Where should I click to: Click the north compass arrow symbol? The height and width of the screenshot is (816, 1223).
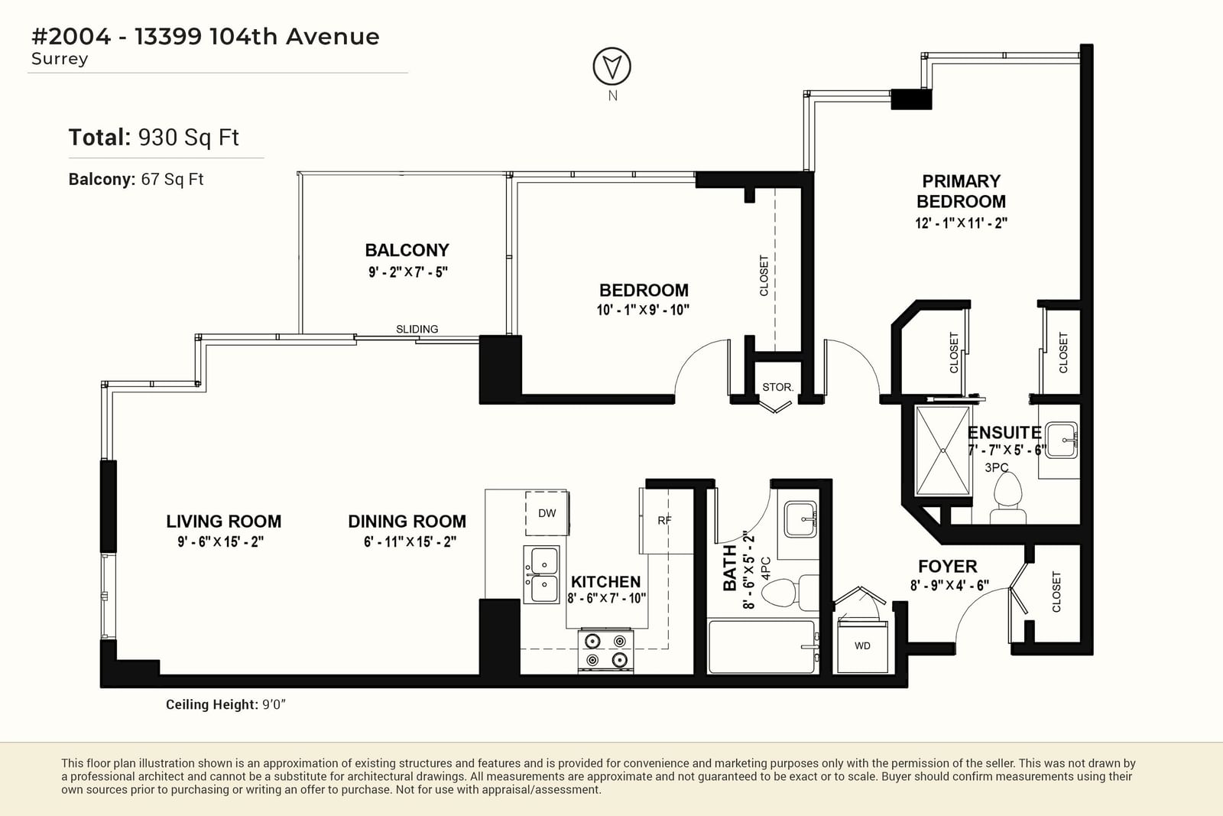click(612, 66)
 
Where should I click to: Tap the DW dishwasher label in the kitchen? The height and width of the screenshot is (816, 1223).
click(547, 513)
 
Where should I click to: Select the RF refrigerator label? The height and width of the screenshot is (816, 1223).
click(664, 521)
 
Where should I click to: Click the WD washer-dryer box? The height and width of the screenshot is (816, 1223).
click(863, 645)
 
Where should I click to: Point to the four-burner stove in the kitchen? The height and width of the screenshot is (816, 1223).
click(606, 650)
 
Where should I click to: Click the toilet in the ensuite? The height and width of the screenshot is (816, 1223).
click(1007, 497)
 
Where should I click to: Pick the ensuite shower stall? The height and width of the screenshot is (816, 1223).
click(943, 450)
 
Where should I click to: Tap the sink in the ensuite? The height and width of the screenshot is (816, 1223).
click(1062, 440)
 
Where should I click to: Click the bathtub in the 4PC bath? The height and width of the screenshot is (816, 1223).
click(763, 647)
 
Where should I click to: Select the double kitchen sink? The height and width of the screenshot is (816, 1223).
click(542, 574)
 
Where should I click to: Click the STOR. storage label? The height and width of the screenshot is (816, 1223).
click(778, 387)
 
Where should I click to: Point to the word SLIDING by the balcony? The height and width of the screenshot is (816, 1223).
click(417, 329)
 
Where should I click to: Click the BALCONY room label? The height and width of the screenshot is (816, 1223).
click(407, 250)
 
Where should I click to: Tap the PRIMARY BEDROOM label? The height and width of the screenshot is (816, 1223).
click(961, 191)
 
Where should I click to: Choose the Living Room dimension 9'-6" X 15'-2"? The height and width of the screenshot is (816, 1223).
click(221, 541)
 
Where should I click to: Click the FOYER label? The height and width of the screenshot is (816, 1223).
click(948, 567)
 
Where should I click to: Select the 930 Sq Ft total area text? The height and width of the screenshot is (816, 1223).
click(188, 138)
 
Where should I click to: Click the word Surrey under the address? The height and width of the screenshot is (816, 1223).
click(60, 59)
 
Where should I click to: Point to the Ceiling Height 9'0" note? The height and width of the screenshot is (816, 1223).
click(225, 704)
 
